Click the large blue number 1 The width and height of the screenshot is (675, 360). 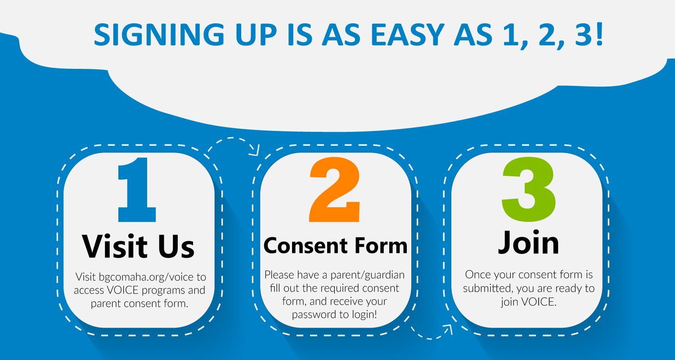click(137, 190)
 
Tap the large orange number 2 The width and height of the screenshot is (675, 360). click(334, 190)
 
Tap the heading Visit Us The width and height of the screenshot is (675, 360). click(138, 247)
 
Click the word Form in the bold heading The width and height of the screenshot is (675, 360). click(381, 245)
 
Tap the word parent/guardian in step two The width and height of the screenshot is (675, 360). click(367, 275)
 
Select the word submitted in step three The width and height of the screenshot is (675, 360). click(488, 288)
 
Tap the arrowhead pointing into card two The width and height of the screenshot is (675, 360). click(254, 150)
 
